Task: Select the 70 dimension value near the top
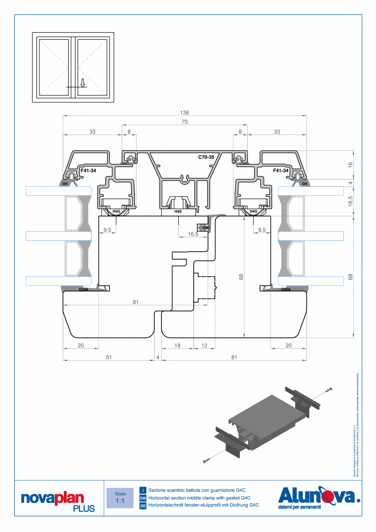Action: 184,121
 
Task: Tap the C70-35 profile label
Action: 206,157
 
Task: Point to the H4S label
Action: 178,211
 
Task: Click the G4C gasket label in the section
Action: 206,227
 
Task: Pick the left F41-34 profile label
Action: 88,170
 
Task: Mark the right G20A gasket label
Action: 286,290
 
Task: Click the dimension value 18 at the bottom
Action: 177,346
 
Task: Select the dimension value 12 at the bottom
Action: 204,346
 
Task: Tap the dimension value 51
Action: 109,357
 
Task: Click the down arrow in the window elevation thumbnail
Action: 83,83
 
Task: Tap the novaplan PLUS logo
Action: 58,501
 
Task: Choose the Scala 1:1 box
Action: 120,498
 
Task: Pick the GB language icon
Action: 143,498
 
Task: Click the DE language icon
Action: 143,506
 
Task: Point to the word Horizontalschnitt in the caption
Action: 168,505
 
